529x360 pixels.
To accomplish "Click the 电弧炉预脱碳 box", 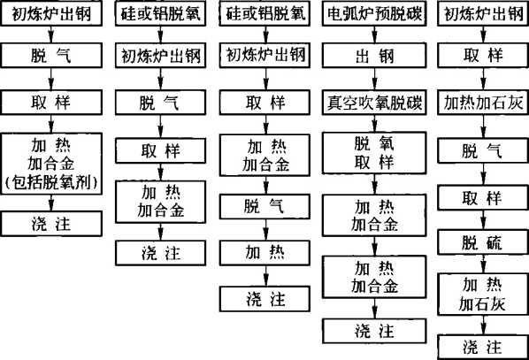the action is (374, 14).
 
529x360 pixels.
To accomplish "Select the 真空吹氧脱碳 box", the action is (374, 103).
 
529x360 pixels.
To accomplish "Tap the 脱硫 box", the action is (483, 242).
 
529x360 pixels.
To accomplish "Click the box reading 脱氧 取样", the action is (374, 153).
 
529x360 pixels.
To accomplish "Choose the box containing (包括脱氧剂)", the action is (51, 164).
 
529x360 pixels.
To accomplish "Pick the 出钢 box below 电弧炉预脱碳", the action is (374, 56).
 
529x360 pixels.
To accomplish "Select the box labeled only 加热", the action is (264, 253).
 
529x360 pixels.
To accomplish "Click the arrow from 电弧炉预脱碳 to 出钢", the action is (374, 34).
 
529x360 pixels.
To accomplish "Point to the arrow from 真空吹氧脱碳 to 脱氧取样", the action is (374, 124).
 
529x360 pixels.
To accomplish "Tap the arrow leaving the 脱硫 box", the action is (483, 264).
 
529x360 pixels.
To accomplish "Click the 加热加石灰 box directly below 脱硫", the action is (483, 295).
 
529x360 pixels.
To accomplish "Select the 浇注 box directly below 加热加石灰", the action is (483, 347).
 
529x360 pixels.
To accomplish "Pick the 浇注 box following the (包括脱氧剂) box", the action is (51, 224).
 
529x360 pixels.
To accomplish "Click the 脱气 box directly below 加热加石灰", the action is (483, 150).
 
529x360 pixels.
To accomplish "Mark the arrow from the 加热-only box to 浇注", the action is (265, 276).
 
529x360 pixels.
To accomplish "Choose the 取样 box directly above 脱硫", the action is (483, 198).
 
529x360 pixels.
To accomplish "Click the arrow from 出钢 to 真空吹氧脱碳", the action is (374, 79).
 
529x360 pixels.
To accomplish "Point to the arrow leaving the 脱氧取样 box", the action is (374, 184).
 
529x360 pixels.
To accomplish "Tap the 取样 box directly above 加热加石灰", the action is (483, 56).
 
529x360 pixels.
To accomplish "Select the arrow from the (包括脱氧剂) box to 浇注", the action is (51, 203).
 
